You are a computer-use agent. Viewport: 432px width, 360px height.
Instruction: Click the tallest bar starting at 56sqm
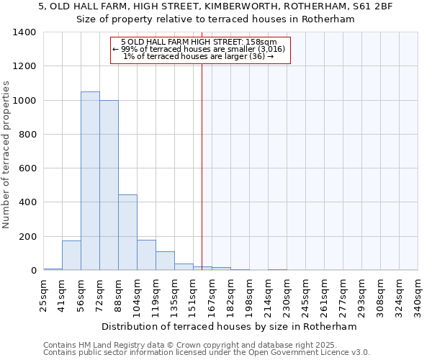[90, 181]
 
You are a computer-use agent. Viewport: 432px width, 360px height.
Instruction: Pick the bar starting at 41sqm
[71, 256]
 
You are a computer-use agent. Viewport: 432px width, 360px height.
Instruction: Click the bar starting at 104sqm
[146, 255]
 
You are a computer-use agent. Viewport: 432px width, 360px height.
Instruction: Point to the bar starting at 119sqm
[165, 261]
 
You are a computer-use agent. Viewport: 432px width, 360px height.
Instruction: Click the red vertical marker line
[202, 166]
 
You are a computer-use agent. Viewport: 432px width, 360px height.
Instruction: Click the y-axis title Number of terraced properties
[6, 154]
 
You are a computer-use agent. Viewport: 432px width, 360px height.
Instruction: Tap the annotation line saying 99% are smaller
[199, 49]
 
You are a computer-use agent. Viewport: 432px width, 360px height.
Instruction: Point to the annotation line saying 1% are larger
[199, 56]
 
